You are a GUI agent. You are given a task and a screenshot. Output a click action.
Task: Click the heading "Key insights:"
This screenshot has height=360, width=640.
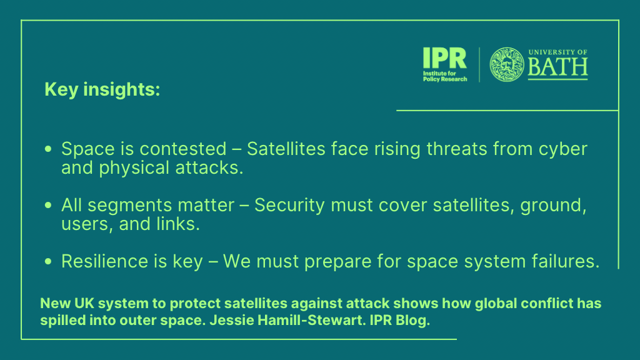(x=102, y=89)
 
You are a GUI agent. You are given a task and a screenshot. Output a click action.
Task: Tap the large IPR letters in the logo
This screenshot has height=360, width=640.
(x=444, y=58)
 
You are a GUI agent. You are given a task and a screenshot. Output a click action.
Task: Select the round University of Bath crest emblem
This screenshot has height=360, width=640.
(x=506, y=64)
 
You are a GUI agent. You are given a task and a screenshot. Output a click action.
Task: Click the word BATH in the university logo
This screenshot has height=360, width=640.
(x=557, y=67)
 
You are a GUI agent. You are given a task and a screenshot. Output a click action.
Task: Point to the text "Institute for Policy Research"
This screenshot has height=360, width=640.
(x=445, y=76)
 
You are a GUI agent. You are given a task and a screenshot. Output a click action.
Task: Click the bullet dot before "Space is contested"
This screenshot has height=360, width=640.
(x=48, y=149)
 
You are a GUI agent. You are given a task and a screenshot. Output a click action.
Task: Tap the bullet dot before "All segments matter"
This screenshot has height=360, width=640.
(x=48, y=205)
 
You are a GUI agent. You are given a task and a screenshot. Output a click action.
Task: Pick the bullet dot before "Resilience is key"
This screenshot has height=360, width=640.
(x=48, y=261)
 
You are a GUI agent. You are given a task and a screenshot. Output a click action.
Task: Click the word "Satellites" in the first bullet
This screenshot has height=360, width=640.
(x=286, y=149)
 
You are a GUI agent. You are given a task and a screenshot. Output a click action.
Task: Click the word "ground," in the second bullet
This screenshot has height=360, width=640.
(x=553, y=206)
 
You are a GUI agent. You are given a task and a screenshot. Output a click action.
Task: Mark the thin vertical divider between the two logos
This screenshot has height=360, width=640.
(x=479, y=64)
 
